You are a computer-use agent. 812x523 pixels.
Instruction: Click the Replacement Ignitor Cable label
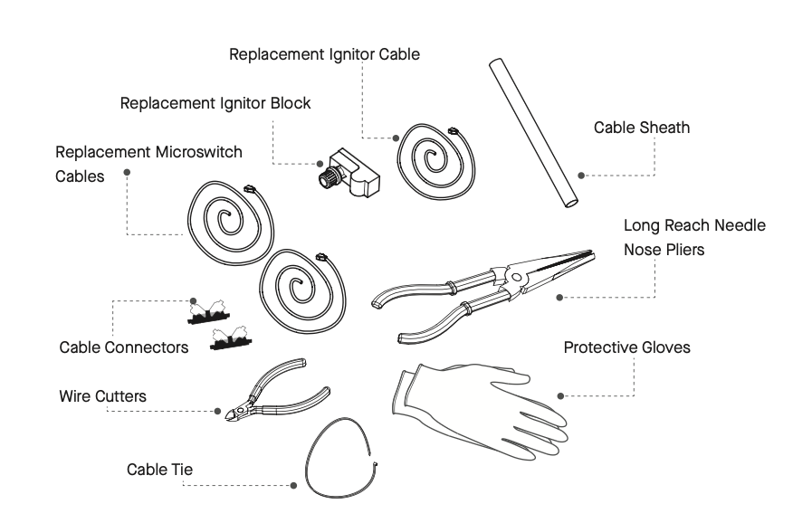coord(324,54)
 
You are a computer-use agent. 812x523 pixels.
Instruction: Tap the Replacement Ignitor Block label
coord(215,103)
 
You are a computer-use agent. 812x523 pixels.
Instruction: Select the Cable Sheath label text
coord(641,128)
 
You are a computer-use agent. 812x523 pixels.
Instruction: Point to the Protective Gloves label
coord(626,347)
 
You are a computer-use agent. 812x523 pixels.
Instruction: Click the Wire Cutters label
coord(102,396)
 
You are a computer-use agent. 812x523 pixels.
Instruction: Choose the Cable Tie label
coord(159,470)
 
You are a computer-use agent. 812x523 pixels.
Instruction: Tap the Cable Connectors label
coord(124,347)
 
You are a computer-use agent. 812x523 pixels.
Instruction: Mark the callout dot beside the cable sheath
coord(582,176)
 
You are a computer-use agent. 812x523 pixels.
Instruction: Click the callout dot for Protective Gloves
coord(561,395)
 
